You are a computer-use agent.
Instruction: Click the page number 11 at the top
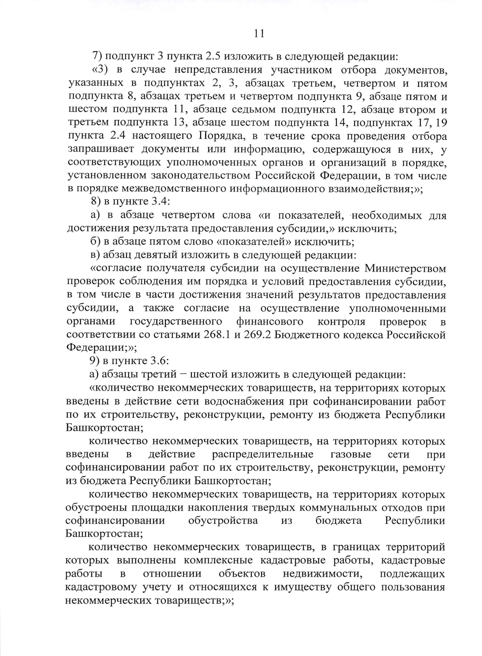259,33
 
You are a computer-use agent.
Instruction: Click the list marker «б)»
95,242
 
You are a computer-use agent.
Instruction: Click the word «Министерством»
405,268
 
